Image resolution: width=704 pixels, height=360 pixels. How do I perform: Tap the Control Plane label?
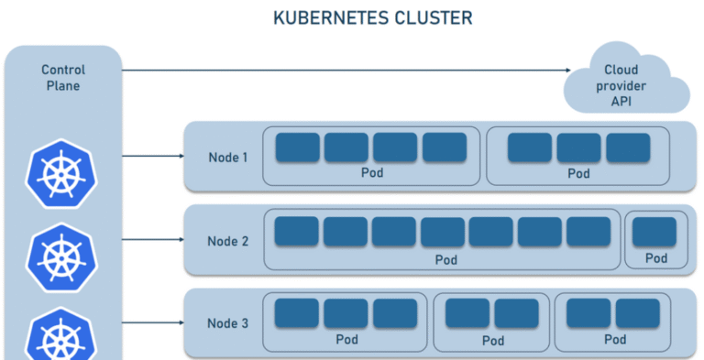[x=63, y=78]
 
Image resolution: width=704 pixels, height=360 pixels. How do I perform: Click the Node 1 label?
[x=227, y=158]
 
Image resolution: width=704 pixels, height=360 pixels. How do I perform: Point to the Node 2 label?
[x=227, y=241]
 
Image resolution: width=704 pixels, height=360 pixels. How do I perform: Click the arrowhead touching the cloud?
[x=568, y=71]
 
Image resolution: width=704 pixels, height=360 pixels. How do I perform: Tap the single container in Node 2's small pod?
[x=655, y=232]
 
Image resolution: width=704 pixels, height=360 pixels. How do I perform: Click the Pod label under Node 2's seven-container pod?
[x=445, y=260]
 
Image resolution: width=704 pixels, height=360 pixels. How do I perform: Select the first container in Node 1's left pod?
[x=297, y=147]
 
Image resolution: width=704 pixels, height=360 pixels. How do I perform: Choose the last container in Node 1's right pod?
[x=628, y=147]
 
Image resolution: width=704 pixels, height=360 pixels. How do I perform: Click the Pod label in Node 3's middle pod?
[x=491, y=340]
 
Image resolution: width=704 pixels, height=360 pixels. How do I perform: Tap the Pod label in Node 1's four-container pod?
[x=370, y=173]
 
